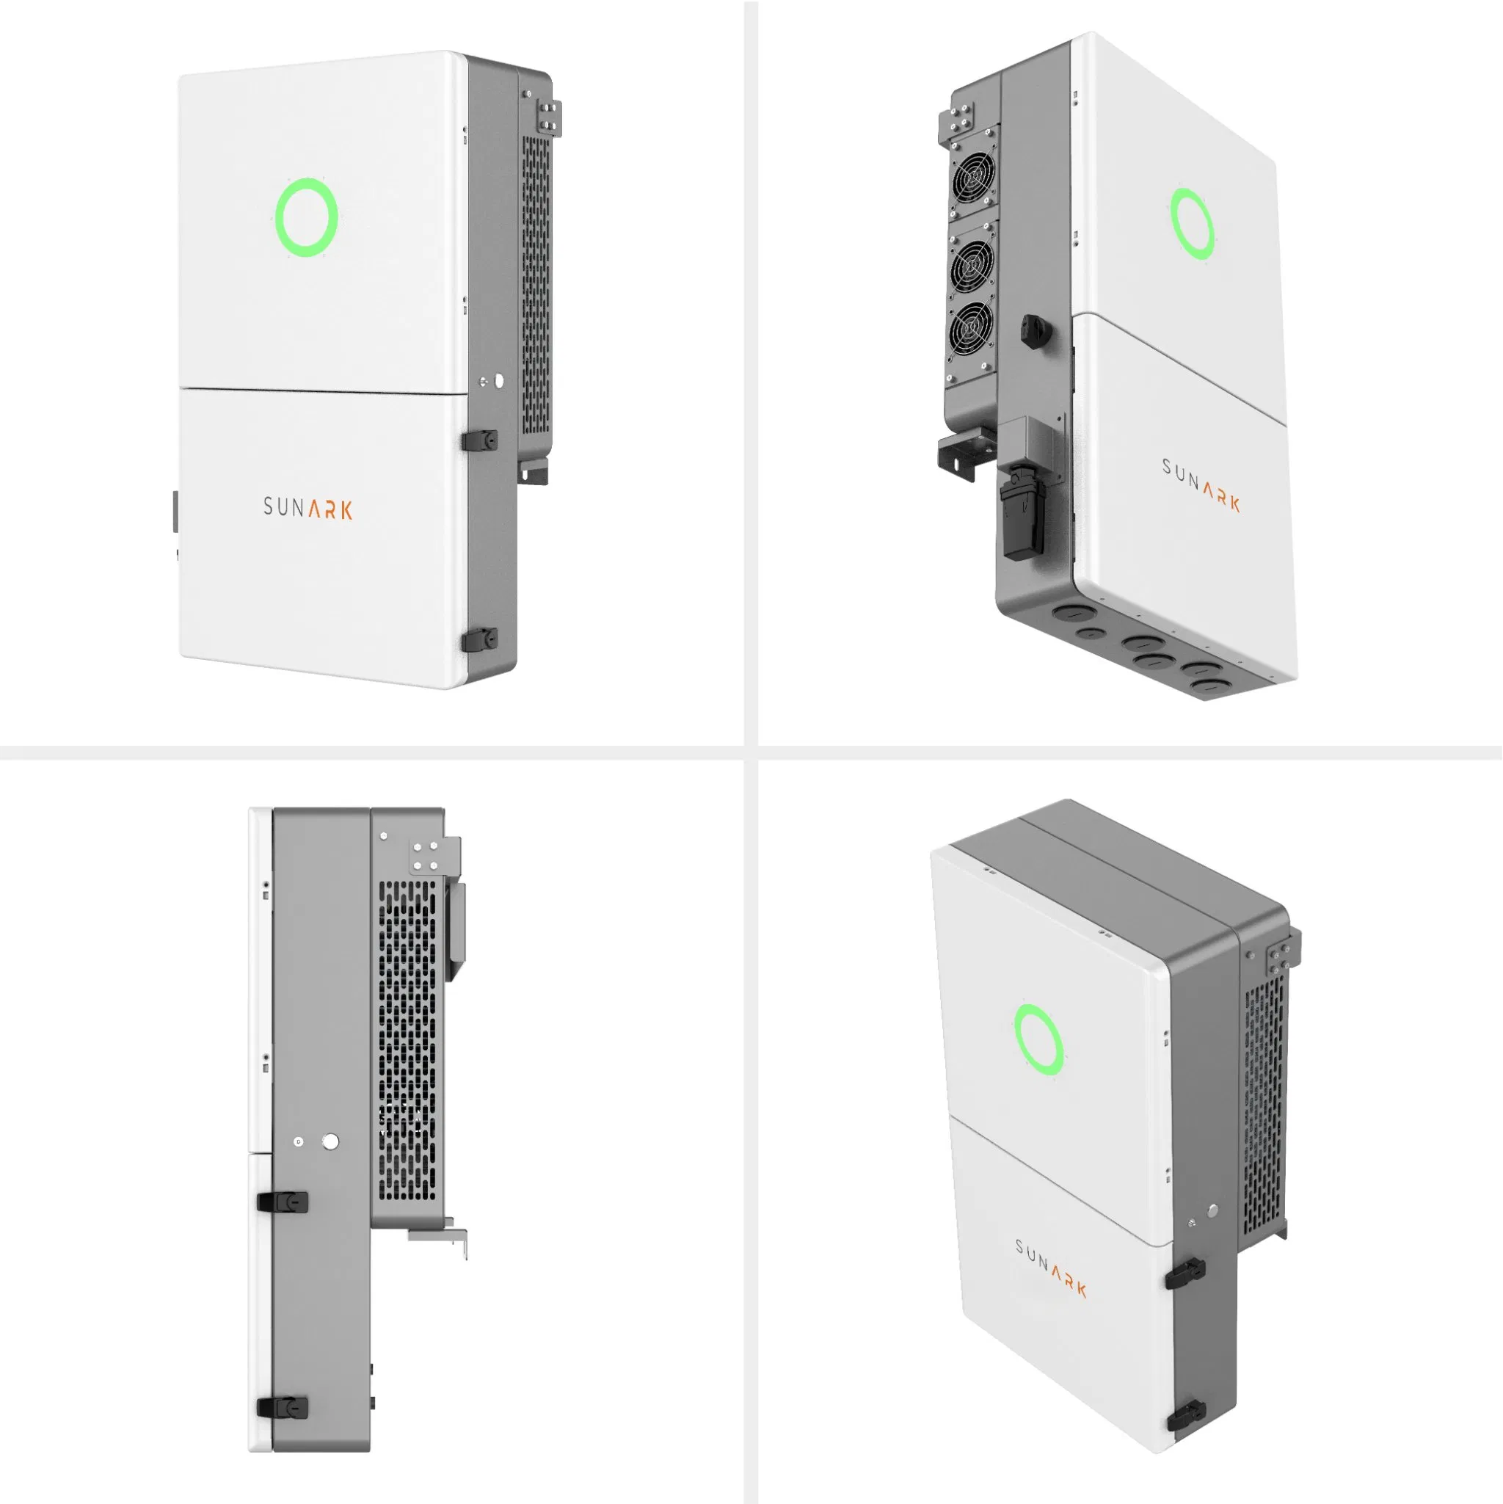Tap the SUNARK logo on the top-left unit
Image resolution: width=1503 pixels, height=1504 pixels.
(308, 509)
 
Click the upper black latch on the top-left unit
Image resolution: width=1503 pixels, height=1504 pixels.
(479, 440)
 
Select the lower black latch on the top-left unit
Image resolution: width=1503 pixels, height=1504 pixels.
(479, 640)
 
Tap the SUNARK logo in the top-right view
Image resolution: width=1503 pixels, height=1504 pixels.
(1201, 484)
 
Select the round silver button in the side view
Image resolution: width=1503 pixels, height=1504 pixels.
(330, 1141)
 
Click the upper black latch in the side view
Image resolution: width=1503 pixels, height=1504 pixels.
(283, 1201)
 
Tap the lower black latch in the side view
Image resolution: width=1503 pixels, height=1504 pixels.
(283, 1406)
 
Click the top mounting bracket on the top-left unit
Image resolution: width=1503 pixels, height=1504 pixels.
(549, 117)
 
